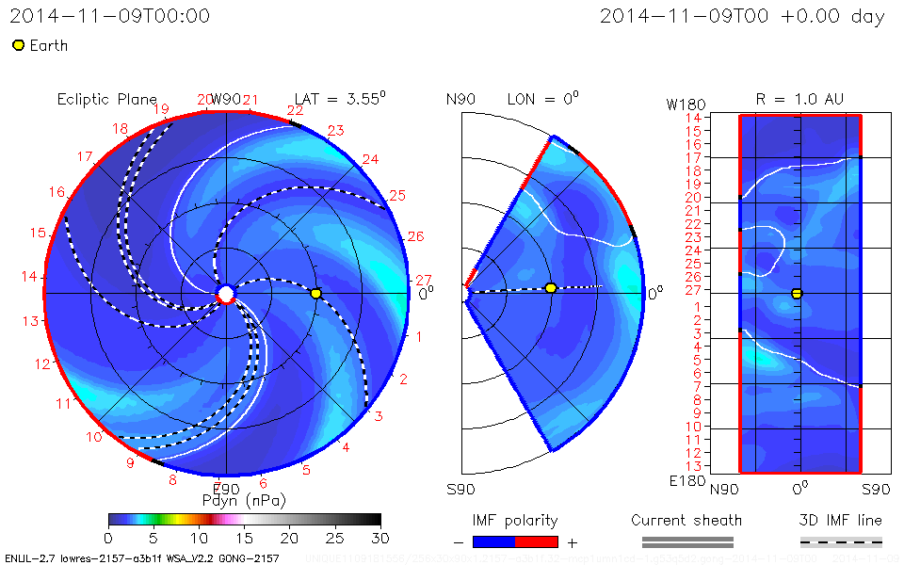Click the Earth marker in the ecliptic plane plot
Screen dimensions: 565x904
[315, 294]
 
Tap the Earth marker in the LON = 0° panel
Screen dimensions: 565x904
[551, 287]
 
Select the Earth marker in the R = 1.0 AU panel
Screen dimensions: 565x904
[797, 294]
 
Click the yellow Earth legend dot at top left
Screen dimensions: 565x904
[18, 45]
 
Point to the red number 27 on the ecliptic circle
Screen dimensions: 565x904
[424, 280]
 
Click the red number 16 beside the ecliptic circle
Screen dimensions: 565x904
[57, 192]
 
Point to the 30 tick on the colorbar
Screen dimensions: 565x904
[380, 537]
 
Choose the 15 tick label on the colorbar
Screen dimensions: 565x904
[244, 537]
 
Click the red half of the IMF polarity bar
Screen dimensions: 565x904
[536, 541]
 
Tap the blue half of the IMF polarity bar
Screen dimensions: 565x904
[493, 541]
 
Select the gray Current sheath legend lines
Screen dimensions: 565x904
[686, 541]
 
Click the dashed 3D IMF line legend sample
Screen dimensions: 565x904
[841, 541]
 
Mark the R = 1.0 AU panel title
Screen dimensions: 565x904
[799, 99]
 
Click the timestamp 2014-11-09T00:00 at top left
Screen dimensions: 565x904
[110, 16]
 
